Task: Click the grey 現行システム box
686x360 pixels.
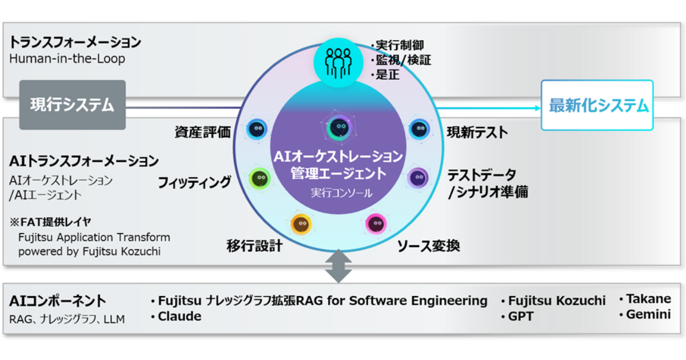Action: (x=73, y=105)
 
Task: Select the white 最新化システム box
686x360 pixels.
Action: (x=597, y=105)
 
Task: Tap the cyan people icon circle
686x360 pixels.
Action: (x=338, y=62)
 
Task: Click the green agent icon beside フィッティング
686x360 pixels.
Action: (x=260, y=178)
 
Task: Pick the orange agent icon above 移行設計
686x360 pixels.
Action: (x=301, y=224)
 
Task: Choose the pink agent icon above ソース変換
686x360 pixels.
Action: (x=376, y=224)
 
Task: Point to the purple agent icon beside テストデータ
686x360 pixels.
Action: (x=418, y=178)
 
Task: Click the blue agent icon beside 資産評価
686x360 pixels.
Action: (x=257, y=130)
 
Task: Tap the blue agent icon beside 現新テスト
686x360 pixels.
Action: (x=420, y=130)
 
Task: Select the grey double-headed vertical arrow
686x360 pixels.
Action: (x=338, y=266)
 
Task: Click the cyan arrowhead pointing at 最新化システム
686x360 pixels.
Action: (x=537, y=108)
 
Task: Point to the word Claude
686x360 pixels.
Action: (x=180, y=317)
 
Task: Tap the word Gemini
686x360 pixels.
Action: (x=648, y=314)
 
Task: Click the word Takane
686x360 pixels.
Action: (x=648, y=299)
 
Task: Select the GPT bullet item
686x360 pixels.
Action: (x=518, y=317)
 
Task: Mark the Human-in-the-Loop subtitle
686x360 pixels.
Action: (x=67, y=58)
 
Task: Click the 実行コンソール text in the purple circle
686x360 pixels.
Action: (x=342, y=193)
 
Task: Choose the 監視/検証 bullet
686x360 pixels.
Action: (x=401, y=60)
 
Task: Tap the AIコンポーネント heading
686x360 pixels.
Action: (x=58, y=301)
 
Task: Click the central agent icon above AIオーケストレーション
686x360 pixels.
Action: (x=338, y=127)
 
